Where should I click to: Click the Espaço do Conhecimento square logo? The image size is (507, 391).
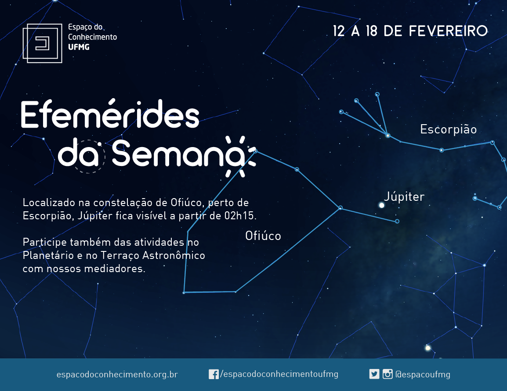pos(42,43)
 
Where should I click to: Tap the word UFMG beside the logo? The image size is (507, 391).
pos(79,47)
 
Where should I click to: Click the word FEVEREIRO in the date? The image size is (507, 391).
pos(448,31)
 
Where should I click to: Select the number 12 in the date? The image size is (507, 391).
pos(339,31)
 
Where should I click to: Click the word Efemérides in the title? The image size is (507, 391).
pos(110,114)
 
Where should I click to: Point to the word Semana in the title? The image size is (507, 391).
pos(179,154)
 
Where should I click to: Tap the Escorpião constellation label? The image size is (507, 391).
pos(449,129)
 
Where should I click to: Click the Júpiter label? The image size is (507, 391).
pos(404,197)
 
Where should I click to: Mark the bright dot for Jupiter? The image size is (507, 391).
pos(381,205)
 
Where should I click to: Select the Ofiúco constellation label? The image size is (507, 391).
pos(263,236)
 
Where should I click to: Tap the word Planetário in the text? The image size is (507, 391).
pos(48,255)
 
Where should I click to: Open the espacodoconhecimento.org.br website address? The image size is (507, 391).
pos(117,374)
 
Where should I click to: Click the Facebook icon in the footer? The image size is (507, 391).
pos(214,374)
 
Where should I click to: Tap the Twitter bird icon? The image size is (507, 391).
pos(374,374)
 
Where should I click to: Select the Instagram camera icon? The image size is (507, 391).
pos(387,374)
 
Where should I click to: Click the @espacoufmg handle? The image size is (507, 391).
pos(423,374)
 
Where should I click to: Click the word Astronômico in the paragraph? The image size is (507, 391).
pos(174,255)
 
